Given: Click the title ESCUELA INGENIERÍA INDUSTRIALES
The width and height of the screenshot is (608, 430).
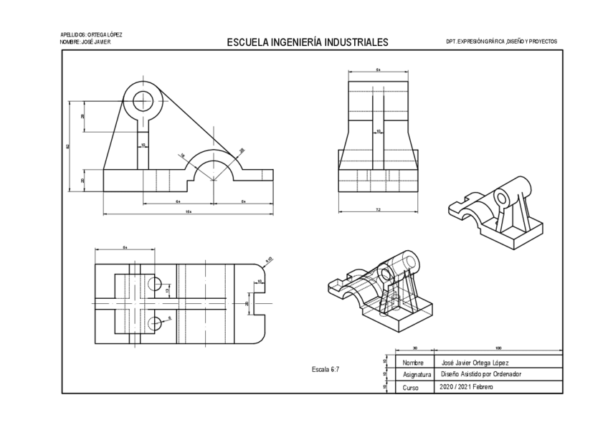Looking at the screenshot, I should [x=307, y=42].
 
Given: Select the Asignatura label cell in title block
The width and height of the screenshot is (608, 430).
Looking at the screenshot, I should [x=417, y=375].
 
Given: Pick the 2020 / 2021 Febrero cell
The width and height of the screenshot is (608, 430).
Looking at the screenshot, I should [x=467, y=387].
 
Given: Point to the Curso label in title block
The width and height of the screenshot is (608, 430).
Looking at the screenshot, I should [x=410, y=388].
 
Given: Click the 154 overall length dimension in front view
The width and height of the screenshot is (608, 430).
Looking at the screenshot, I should [x=189, y=212].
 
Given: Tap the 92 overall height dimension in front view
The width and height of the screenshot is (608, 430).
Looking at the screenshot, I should [x=67, y=147].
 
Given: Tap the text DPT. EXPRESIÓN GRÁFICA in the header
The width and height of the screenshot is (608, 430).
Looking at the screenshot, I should [x=500, y=42].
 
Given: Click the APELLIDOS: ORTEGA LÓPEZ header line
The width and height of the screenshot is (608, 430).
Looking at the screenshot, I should [x=91, y=34].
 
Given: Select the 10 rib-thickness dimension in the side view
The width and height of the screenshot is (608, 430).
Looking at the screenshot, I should [x=379, y=131].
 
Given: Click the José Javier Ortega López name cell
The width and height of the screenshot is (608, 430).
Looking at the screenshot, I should [x=475, y=363].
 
